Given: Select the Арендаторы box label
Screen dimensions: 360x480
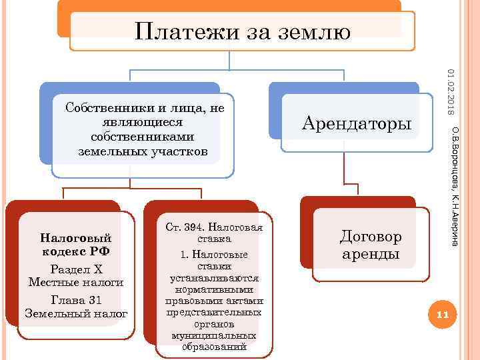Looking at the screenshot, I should [x=357, y=123].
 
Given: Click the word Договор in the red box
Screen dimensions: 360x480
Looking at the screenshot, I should [x=371, y=237].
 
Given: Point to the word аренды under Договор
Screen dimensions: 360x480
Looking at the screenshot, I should [x=371, y=254].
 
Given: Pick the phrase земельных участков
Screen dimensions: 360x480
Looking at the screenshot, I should [x=143, y=152].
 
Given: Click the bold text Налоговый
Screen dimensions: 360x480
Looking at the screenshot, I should [x=75, y=237].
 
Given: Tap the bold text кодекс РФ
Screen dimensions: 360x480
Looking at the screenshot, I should [x=75, y=252].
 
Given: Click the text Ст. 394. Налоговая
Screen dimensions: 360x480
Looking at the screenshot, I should [x=214, y=228].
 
